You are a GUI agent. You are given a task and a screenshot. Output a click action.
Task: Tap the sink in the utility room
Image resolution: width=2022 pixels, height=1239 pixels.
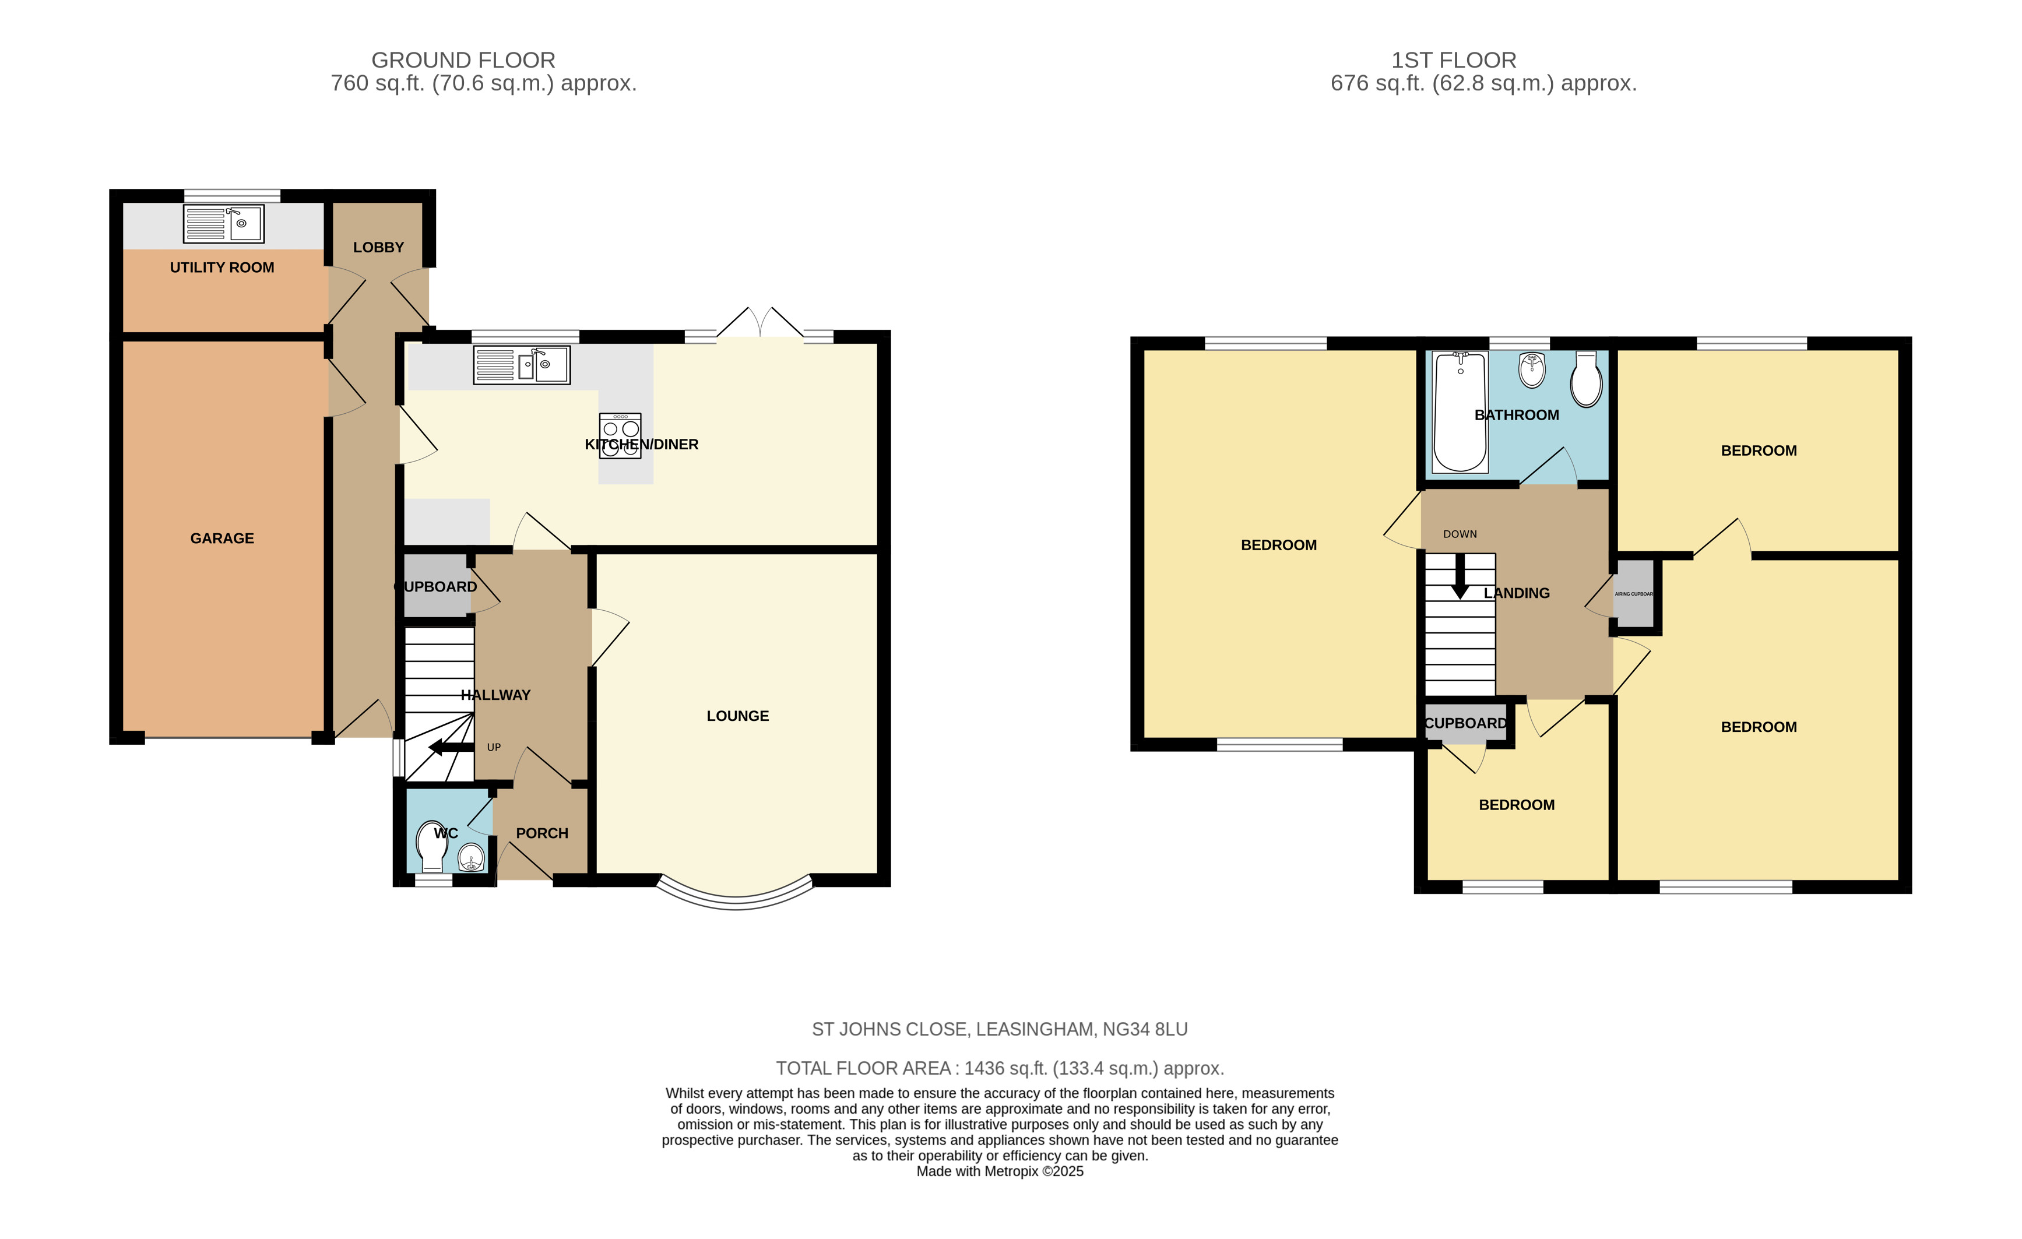(223, 223)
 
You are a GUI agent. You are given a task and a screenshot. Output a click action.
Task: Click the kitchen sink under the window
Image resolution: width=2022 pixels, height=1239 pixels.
(522, 365)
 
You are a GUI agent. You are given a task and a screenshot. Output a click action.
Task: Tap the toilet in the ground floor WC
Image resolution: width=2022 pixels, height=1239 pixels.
(432, 846)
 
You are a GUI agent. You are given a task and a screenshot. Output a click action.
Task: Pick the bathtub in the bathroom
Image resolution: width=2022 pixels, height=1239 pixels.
(1460, 412)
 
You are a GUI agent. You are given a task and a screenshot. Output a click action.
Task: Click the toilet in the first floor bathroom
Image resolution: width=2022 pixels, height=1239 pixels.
(1585, 381)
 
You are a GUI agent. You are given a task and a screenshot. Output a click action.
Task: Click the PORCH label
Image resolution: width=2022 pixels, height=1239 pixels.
(541, 833)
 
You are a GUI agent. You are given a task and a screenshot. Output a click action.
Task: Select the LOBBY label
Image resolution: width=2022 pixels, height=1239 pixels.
(378, 247)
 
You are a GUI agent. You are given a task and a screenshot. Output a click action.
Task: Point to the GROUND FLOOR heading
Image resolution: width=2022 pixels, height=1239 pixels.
(463, 60)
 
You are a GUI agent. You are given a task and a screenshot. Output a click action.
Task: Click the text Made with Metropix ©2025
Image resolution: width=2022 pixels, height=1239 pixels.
(1000, 1171)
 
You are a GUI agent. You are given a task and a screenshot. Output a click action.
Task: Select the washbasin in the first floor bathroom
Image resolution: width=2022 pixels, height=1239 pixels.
(1531, 370)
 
